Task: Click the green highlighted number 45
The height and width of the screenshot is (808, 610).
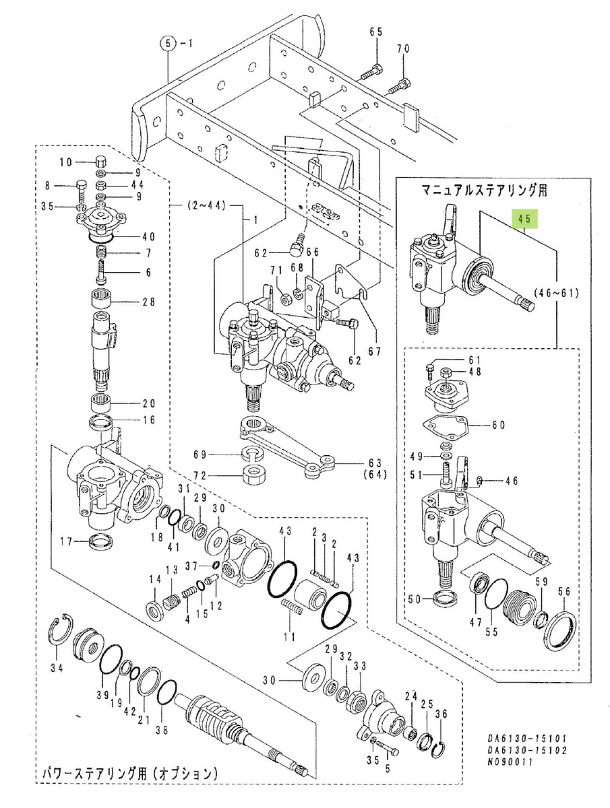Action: tap(525, 219)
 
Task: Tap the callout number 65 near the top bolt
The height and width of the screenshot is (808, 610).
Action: tap(375, 32)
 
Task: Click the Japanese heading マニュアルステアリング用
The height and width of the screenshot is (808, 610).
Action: tap(484, 191)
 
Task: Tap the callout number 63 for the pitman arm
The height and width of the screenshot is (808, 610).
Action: tap(375, 463)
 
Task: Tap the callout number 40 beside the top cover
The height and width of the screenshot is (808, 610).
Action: tap(148, 236)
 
